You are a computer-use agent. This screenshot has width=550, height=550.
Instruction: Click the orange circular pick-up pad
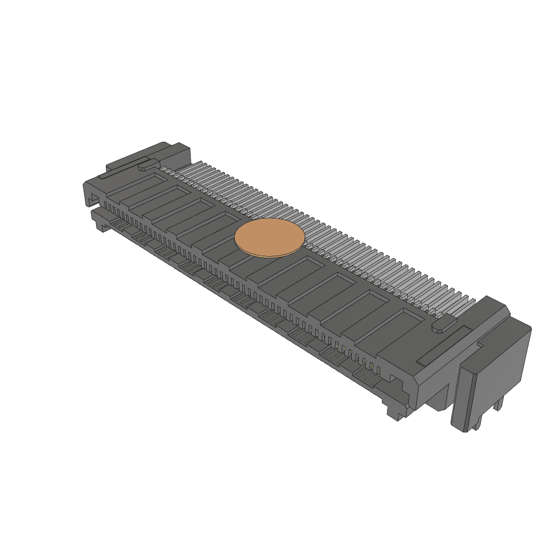tap(270, 238)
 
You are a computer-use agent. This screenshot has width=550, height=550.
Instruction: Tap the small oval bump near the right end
tap(444, 325)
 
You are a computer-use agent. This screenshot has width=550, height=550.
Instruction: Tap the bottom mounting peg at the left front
tap(101, 226)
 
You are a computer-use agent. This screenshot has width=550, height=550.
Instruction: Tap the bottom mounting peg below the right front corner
tap(393, 412)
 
